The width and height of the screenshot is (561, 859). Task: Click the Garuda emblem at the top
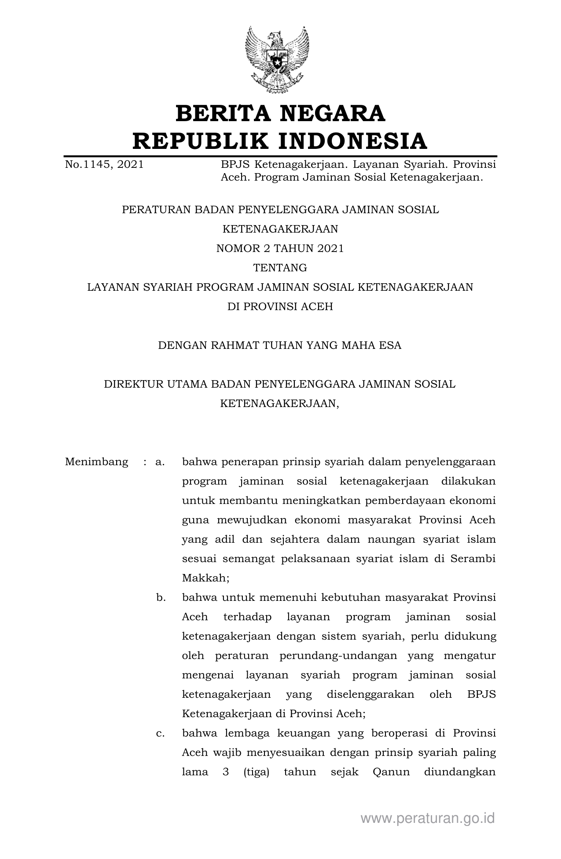[277, 59]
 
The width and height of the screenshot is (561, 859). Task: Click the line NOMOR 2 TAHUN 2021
[280, 248]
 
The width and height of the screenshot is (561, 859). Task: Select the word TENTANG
[280, 268]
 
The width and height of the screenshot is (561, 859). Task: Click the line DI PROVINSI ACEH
[280, 307]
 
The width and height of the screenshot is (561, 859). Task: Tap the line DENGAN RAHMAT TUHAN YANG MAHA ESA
[280, 345]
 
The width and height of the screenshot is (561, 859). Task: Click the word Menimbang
[97, 462]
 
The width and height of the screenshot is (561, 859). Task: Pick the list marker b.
[161, 598]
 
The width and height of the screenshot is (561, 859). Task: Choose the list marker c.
[160, 733]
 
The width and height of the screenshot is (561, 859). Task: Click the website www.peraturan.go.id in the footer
[428, 818]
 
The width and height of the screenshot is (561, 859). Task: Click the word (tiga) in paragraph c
[256, 772]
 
